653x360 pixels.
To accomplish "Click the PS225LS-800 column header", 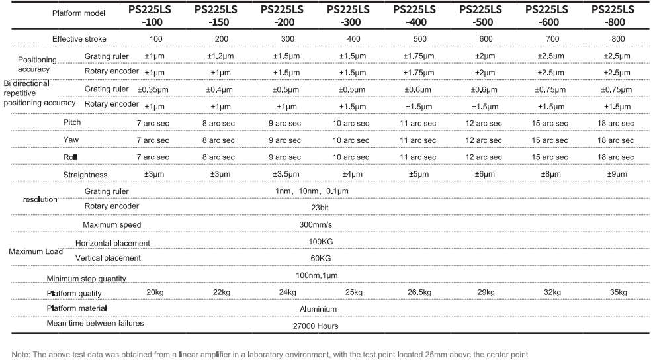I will coord(613,15).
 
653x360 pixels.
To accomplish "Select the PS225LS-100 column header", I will coord(153,15).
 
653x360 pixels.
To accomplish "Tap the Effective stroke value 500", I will coord(419,39).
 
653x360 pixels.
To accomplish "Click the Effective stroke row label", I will coord(79,39).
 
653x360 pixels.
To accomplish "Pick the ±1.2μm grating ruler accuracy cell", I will coord(220,56).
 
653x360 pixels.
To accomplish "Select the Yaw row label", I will coord(71,140).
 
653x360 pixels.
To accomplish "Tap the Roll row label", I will coord(70,157).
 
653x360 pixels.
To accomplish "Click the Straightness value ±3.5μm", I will coord(286,175).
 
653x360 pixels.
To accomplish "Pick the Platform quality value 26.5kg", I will coord(419,292).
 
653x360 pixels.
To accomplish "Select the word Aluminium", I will coord(318,309).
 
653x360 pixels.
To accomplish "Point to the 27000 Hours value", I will coord(316,326).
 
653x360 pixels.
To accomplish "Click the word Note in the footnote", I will coord(21,355).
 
